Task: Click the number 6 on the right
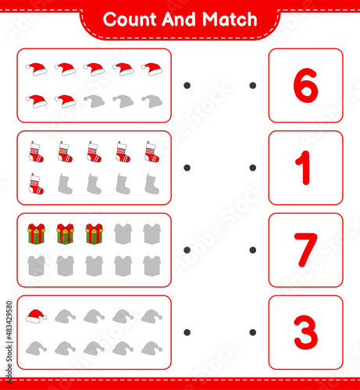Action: [x=305, y=85]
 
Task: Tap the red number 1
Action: [x=303, y=168]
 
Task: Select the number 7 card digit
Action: [x=305, y=250]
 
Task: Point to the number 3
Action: [x=305, y=332]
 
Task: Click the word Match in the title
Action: [x=230, y=19]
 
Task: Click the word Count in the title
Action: [x=130, y=19]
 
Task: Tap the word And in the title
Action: [x=179, y=19]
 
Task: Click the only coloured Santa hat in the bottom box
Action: [x=36, y=316]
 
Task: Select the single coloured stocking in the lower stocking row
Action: [x=36, y=184]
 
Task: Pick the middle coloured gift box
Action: [x=65, y=234]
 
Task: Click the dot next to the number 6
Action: [x=252, y=85]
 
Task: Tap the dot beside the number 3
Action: [x=252, y=332]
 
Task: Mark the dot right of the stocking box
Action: [x=187, y=168]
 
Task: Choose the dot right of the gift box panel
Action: [x=187, y=250]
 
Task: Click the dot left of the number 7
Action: [x=252, y=250]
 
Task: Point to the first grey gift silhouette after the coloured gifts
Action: [x=123, y=234]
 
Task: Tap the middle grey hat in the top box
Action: [x=123, y=101]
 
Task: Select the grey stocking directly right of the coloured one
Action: [x=65, y=184]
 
